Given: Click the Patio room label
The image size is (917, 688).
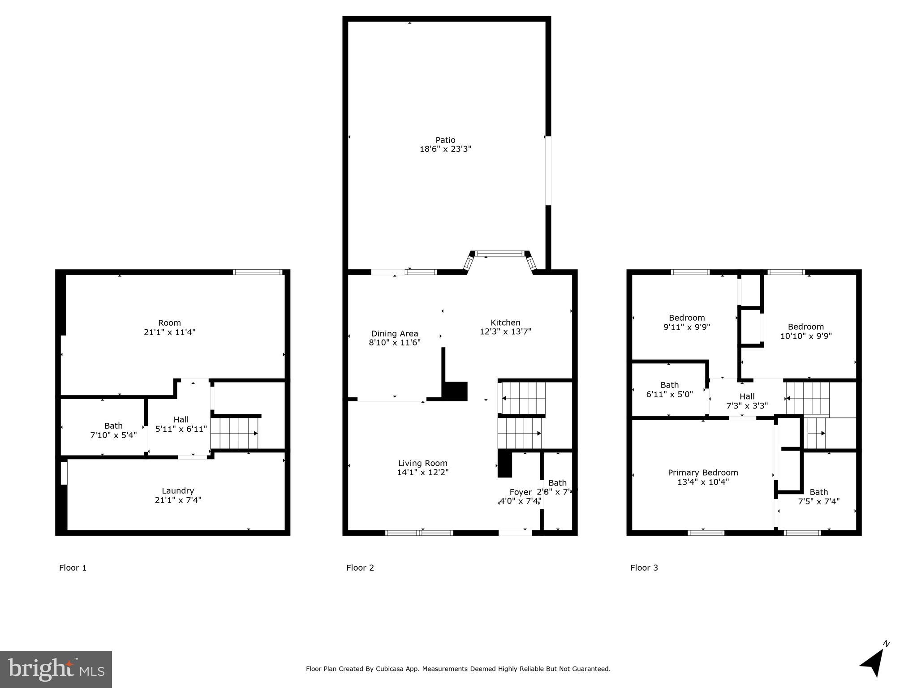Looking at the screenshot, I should (x=445, y=140).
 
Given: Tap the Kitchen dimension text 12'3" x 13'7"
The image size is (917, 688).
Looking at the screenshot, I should (x=505, y=332).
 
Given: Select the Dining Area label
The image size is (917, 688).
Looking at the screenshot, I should (x=394, y=334).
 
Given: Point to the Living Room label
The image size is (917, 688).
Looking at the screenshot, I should (x=422, y=463).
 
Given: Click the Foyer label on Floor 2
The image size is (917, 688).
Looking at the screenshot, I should (x=521, y=492).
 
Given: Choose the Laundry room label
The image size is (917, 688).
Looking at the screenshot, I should (x=178, y=490).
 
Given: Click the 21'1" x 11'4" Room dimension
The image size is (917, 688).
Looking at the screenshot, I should (x=169, y=332).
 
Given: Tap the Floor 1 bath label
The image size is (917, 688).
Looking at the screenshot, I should (x=113, y=426).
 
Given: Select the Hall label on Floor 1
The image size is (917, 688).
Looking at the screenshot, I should (x=181, y=419).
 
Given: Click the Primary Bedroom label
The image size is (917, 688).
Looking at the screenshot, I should (x=702, y=473).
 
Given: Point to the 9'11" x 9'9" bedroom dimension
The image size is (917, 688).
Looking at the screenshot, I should (x=686, y=327).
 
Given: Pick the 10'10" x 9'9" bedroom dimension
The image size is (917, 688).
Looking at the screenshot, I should (x=805, y=336).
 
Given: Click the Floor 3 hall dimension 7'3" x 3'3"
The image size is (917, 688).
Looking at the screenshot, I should (x=747, y=406).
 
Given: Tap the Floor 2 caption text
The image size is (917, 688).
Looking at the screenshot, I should (x=360, y=568).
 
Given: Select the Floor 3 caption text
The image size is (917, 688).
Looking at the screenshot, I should (x=644, y=568).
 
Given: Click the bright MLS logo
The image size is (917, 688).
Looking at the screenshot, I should (x=56, y=669).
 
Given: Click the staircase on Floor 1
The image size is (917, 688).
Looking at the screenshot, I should (x=235, y=433).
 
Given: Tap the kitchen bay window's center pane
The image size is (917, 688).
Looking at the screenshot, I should (x=499, y=254).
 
